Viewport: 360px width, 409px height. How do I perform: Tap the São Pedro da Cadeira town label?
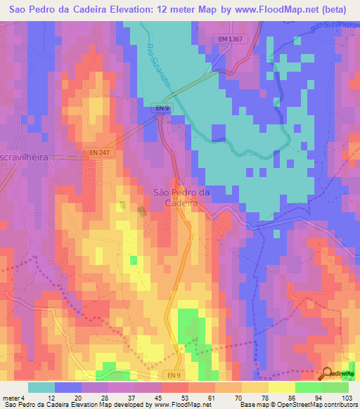[x=181, y=197]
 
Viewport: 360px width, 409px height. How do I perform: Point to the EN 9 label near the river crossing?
[x=162, y=108]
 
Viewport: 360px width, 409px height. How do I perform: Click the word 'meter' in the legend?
[x=10, y=398]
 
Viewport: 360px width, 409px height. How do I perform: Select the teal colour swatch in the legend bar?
[x=41, y=387]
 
